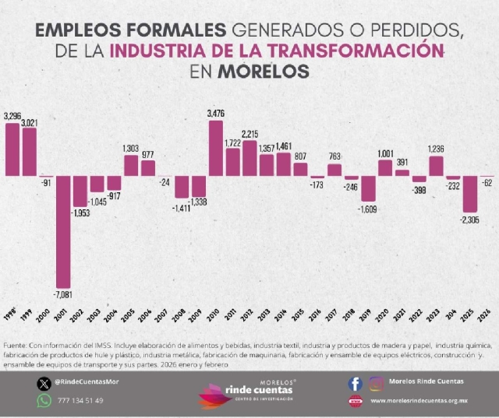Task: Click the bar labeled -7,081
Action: tap(62, 231)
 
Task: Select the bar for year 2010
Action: tap(216, 148)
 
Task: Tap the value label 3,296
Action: tap(12, 116)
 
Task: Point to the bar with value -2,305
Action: tap(470, 194)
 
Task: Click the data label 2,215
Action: tap(250, 134)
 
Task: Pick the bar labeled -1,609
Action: tap(368, 188)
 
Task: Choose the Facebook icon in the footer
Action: tap(355, 383)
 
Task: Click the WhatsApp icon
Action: tap(44, 400)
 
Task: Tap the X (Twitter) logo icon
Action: tap(44, 383)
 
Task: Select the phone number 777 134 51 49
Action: tap(80, 400)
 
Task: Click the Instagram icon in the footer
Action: tap(377, 383)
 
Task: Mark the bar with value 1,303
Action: tap(131, 165)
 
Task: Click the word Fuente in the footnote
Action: tap(15, 345)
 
